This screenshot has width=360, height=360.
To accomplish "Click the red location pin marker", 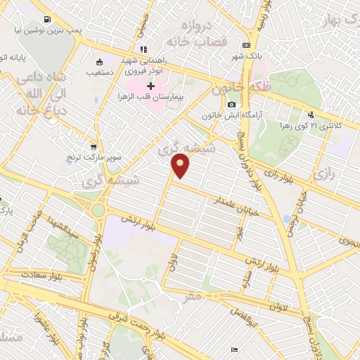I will (x=181, y=166).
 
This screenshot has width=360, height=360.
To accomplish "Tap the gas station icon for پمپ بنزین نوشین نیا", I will (x=46, y=20).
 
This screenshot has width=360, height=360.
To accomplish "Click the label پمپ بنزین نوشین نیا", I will (x=47, y=32).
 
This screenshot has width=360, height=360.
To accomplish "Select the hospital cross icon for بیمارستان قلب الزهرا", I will (x=150, y=85).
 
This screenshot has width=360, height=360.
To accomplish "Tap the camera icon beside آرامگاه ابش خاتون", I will (x=231, y=105).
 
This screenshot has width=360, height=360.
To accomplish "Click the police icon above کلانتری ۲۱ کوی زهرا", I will (x=311, y=115).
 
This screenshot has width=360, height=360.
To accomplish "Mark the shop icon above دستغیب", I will (x=99, y=60).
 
